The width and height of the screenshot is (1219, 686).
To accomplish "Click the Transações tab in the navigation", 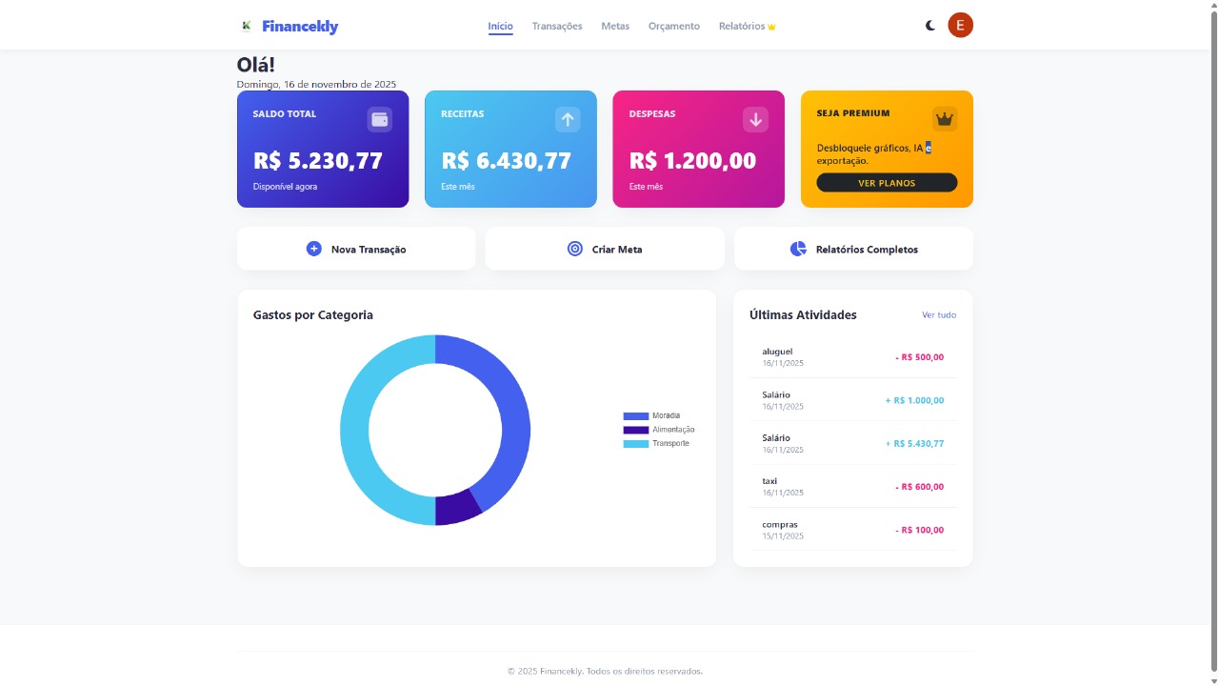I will tap(557, 26).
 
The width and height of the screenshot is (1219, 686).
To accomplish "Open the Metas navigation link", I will tap(615, 26).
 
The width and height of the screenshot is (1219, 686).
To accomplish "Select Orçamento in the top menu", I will tap(674, 26).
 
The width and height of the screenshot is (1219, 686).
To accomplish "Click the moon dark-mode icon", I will tap(930, 26).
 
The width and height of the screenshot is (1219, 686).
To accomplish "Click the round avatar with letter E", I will tap(960, 26).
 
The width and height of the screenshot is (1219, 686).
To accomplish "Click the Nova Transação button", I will tap(356, 249).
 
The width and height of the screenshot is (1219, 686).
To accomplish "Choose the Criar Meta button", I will tap(605, 249).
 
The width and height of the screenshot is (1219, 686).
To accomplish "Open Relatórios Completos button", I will tap(853, 249).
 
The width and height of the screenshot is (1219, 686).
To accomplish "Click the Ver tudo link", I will tap(939, 314).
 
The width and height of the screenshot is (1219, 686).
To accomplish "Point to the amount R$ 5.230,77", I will tap(318, 161).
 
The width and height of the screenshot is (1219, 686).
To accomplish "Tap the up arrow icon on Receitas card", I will tap(568, 119).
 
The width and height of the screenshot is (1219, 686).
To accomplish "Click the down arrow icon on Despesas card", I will tap(755, 119).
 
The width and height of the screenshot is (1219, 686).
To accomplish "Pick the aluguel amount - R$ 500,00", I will tap(919, 357).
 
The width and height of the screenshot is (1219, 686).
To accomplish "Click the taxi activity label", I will tap(769, 481).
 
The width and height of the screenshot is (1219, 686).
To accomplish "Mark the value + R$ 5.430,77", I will tap(914, 444).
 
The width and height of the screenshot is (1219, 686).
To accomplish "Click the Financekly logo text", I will tap(300, 27).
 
